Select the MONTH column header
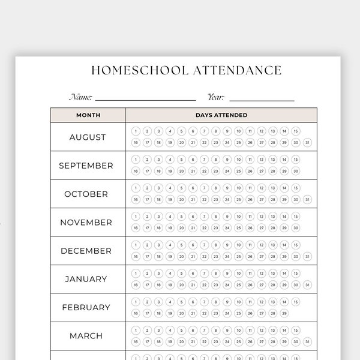click(88, 115)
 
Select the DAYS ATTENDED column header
click(221, 115)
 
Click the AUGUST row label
click(88, 137)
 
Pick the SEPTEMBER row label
click(86, 166)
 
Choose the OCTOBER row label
click(86, 194)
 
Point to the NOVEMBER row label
click(86, 223)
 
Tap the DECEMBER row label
click(86, 251)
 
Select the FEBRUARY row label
click(86, 308)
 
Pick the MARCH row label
click(86, 336)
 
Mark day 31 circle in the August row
click(307, 142)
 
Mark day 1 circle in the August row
click(136, 131)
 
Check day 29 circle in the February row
click(284, 313)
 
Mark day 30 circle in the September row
click(296, 171)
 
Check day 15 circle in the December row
click(296, 245)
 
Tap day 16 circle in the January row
click(136, 284)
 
